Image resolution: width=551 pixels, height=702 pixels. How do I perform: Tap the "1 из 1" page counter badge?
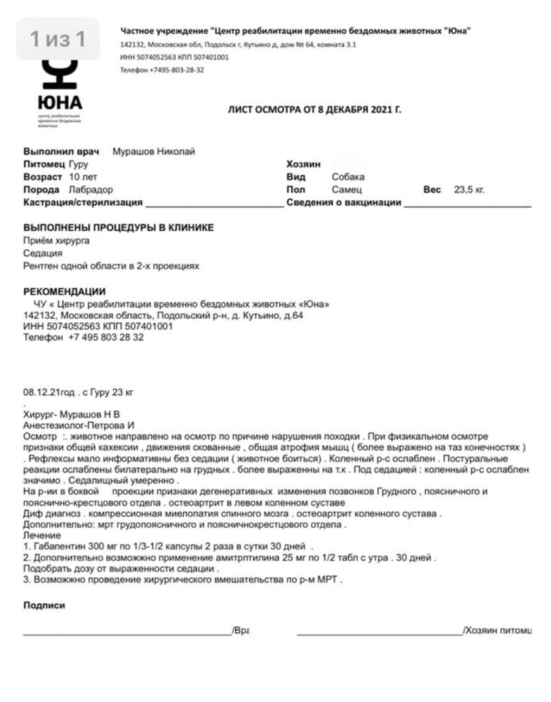pyautogui.click(x=58, y=39)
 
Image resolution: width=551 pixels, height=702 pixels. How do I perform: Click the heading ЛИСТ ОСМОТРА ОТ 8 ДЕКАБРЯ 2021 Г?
pyautogui.click(x=314, y=110)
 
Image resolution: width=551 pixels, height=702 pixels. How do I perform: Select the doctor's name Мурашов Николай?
pyautogui.click(x=154, y=152)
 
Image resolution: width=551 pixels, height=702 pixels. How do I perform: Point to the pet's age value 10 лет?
pyautogui.click(x=84, y=177)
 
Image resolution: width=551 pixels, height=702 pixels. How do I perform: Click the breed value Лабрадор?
pyautogui.click(x=91, y=190)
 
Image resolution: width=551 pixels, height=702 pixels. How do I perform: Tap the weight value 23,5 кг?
pyautogui.click(x=470, y=190)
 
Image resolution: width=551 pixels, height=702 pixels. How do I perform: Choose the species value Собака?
pyautogui.click(x=348, y=177)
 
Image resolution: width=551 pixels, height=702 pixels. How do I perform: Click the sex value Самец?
pyautogui.click(x=347, y=190)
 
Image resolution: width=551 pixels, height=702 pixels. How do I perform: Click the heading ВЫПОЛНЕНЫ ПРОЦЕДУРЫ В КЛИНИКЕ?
pyautogui.click(x=119, y=228)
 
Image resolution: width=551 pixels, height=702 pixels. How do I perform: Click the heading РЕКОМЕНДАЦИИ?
pyautogui.click(x=65, y=292)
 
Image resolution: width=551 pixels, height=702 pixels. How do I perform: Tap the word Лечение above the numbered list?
pyautogui.click(x=42, y=535)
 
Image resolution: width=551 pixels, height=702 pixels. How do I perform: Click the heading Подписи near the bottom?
pyautogui.click(x=44, y=605)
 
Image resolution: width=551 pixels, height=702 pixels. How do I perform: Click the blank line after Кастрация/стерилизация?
pyautogui.click(x=213, y=204)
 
